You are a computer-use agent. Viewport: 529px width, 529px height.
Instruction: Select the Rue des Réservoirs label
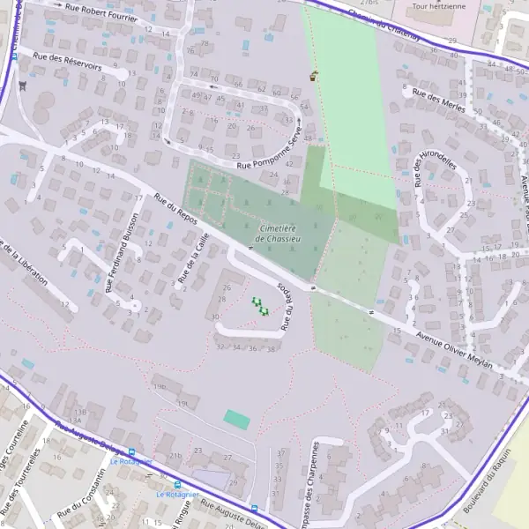[x=68, y=61]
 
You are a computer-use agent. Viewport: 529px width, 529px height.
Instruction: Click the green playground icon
[x=260, y=306]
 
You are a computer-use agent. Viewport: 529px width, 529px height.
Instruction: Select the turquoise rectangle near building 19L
[x=236, y=420]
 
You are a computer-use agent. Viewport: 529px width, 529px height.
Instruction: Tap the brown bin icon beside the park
[x=313, y=76]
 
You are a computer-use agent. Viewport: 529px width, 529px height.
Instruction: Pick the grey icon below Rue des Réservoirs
[x=22, y=86]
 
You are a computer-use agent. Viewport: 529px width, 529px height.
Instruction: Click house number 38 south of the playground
[x=272, y=349]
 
